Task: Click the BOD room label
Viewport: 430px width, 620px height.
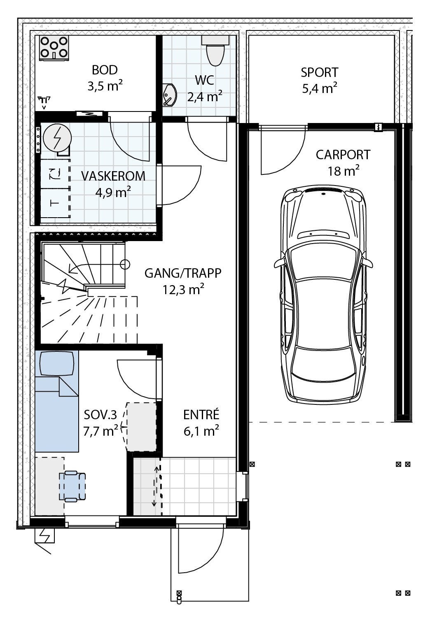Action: tap(105, 70)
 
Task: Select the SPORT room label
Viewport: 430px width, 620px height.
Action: tap(319, 72)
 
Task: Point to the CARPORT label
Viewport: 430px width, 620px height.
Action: tap(343, 155)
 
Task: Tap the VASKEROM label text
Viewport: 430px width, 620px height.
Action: tap(113, 176)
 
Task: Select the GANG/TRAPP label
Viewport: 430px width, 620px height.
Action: tap(183, 273)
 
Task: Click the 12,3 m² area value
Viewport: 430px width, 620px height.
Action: tap(183, 290)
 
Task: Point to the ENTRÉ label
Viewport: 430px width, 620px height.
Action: tap(201, 415)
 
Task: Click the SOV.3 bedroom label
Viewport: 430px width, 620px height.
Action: tap(100, 415)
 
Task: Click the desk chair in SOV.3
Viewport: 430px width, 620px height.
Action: tap(73, 486)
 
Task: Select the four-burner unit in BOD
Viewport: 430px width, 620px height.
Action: tap(54, 48)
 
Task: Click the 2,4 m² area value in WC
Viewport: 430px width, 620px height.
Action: tap(205, 97)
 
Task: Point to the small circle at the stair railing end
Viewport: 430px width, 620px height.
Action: tap(125, 264)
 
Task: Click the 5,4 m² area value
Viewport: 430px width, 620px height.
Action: tap(320, 88)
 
